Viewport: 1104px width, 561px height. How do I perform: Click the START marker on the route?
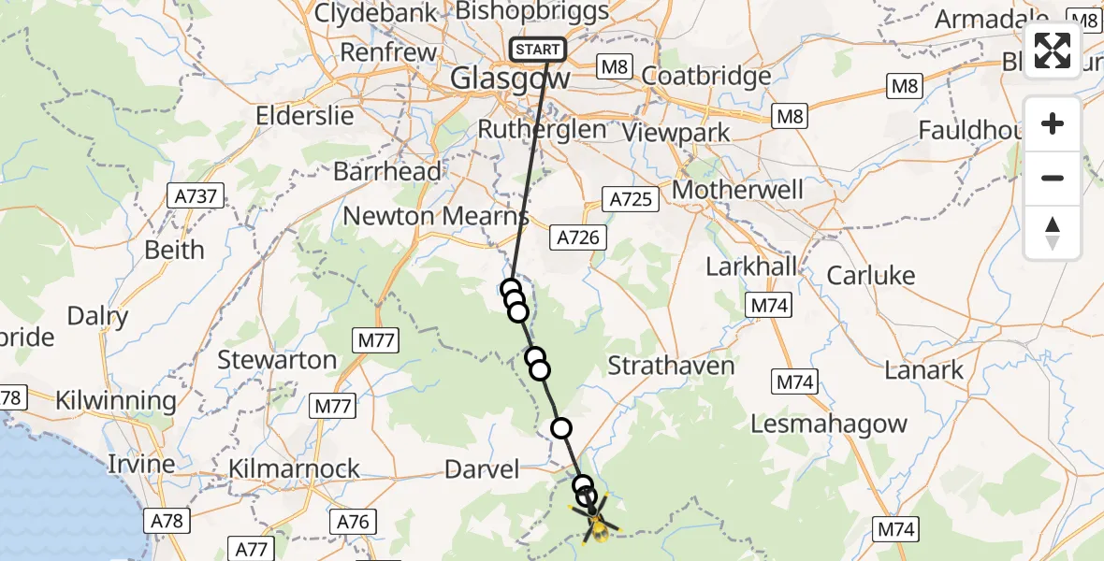[x=538, y=50]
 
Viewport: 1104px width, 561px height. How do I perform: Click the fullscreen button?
[x=1053, y=50]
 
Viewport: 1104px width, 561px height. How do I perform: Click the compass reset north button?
[x=1053, y=233]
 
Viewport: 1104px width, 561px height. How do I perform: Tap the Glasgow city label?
[x=510, y=79]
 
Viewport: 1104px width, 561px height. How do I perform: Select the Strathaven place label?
[x=671, y=366]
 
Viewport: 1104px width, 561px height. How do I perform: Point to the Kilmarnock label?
[x=295, y=468]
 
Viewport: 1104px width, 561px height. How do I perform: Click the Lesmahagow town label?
[x=829, y=424]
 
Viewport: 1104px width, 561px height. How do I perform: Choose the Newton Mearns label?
[x=435, y=216]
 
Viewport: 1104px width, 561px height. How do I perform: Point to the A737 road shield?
[x=196, y=197]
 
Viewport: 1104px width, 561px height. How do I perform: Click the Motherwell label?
[x=738, y=190]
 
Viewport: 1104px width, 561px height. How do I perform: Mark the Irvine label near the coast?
[x=141, y=464]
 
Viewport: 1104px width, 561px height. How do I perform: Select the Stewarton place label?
[x=277, y=360]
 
